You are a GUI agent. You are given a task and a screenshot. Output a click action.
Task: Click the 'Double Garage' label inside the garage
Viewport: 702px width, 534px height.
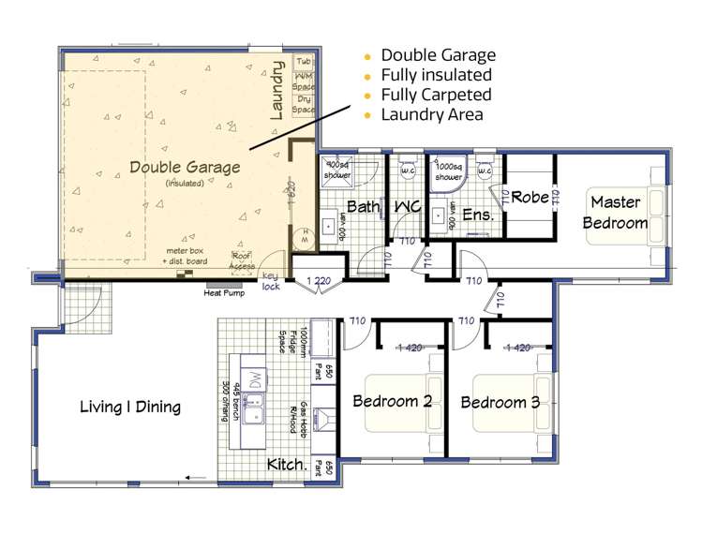(185, 167)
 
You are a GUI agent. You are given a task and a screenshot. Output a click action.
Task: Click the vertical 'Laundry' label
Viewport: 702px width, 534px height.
(276, 91)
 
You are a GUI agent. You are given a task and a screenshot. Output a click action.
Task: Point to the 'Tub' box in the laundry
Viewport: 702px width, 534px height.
(304, 62)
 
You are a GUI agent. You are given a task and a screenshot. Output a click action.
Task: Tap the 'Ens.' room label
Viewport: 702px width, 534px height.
(478, 215)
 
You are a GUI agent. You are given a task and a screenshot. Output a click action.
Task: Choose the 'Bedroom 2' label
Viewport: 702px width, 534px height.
(391, 401)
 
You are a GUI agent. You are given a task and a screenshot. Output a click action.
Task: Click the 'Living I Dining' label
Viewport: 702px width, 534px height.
(130, 407)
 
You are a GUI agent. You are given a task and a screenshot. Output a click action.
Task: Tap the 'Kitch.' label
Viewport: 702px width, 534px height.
(287, 464)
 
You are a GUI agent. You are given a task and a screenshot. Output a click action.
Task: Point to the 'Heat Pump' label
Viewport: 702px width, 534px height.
(225, 291)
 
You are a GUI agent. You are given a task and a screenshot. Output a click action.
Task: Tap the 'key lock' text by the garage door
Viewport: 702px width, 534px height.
(271, 282)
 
